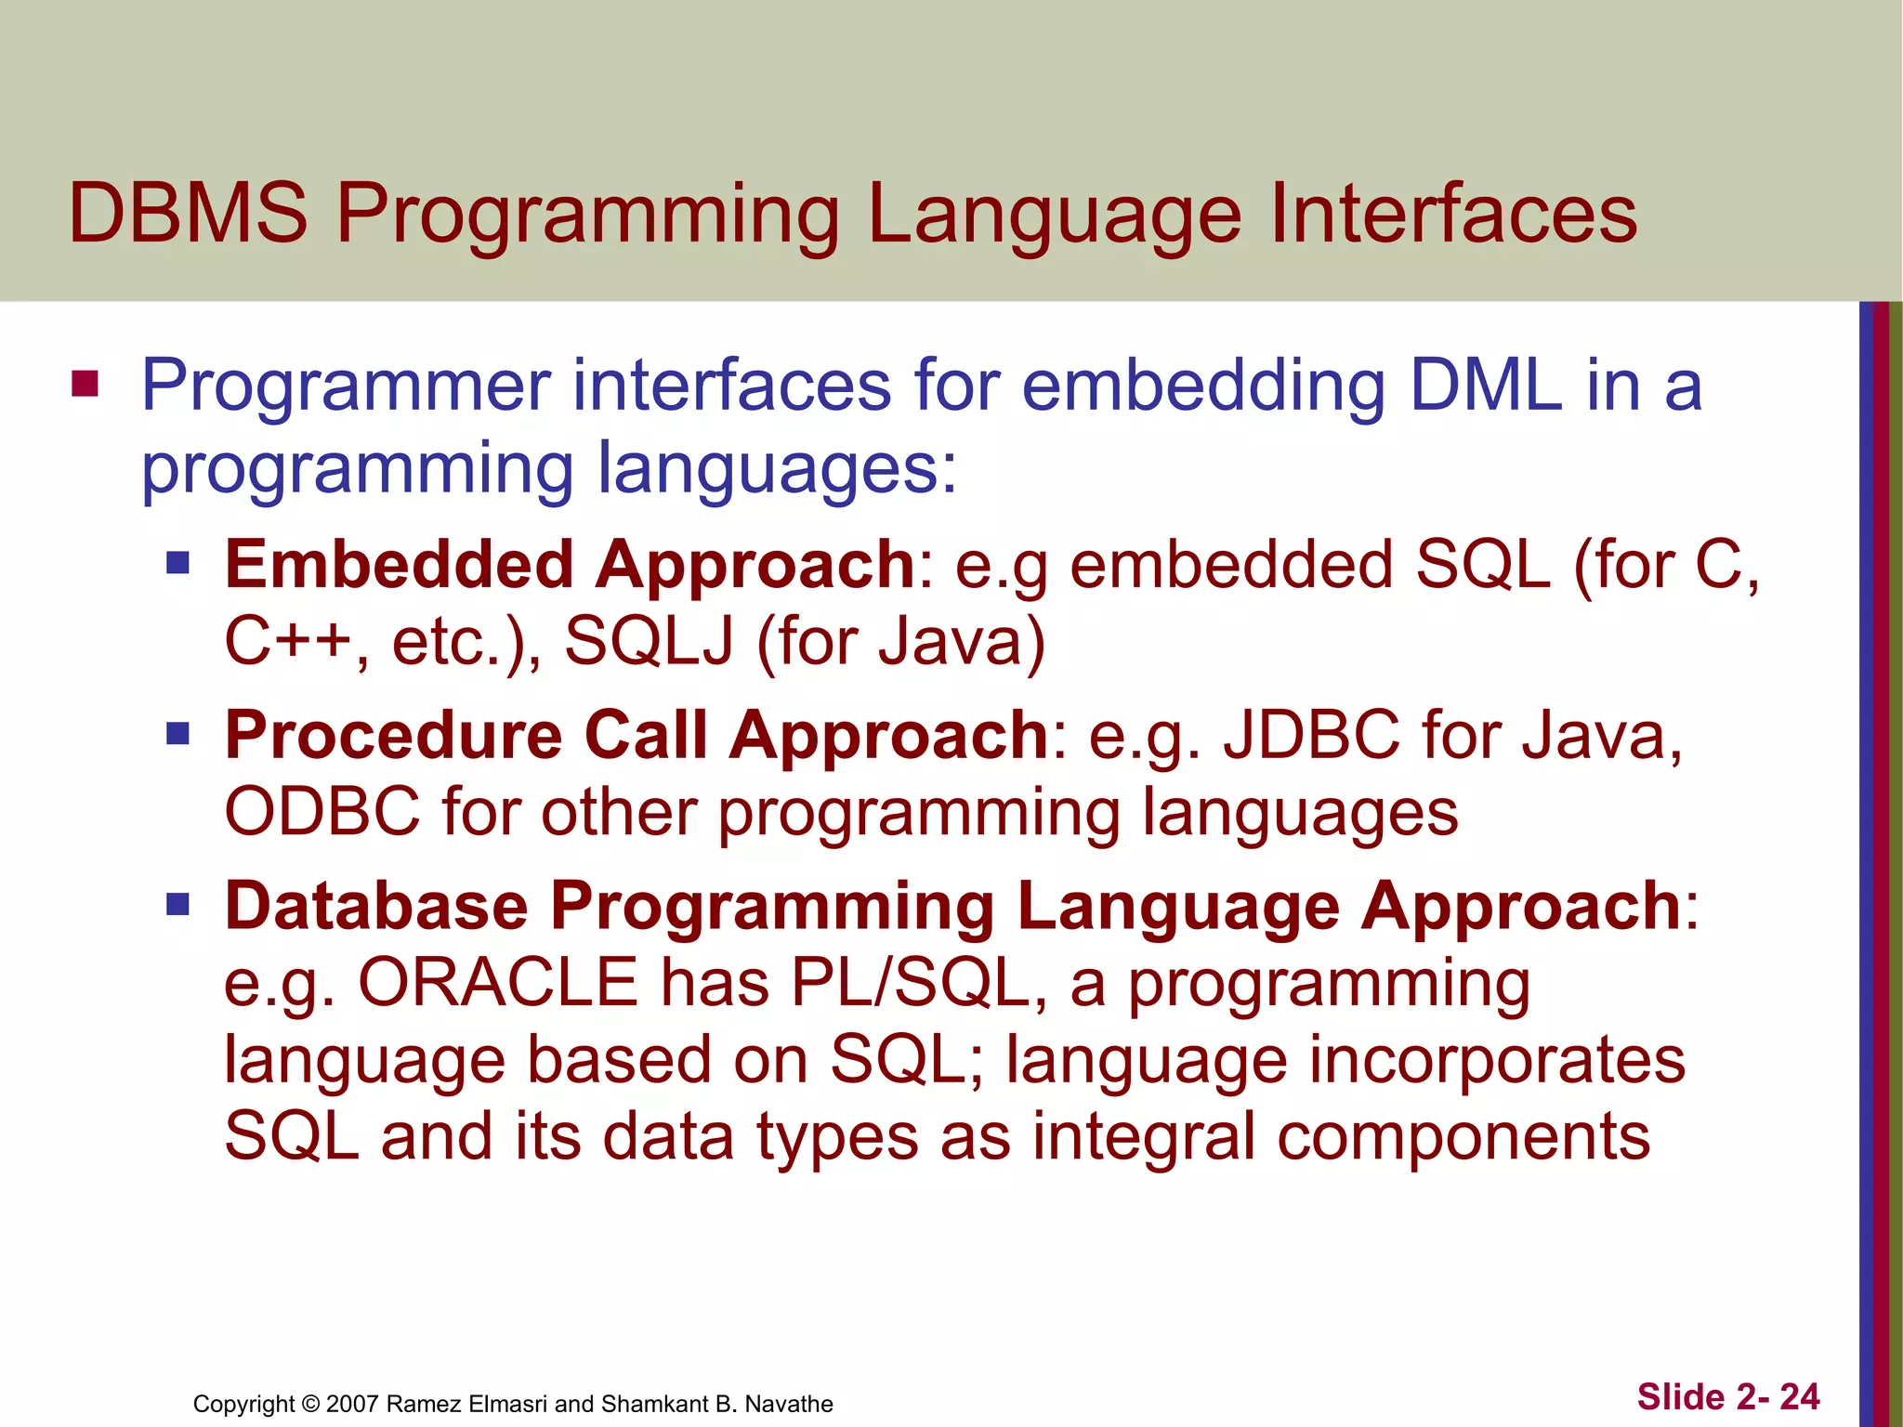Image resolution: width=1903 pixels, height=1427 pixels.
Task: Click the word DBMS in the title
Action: (188, 214)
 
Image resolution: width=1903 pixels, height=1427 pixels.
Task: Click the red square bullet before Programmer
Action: (85, 383)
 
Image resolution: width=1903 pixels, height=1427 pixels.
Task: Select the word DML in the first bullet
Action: (1486, 385)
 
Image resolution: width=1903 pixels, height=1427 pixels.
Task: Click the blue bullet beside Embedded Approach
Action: (177, 563)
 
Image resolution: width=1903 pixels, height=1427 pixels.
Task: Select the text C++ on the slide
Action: (288, 641)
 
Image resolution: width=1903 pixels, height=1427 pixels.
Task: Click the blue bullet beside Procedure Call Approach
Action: (177, 734)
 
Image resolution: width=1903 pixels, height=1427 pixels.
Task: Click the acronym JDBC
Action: (1311, 735)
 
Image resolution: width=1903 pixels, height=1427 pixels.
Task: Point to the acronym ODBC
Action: (322, 812)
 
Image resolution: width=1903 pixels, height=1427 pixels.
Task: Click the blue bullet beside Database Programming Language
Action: (177, 904)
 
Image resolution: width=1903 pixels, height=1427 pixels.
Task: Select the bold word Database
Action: (376, 905)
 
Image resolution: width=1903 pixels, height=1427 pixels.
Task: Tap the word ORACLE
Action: (498, 982)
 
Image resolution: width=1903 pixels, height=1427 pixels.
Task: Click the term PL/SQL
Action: (910, 982)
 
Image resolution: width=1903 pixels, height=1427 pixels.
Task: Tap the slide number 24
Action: (1799, 1397)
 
